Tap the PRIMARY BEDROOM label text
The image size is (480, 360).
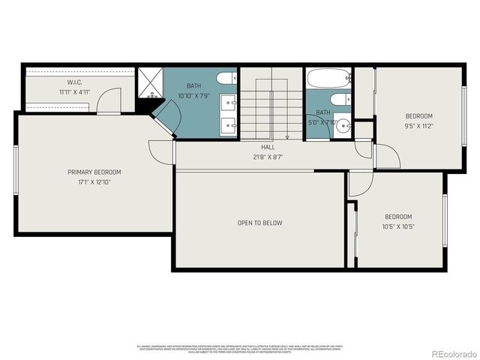click(94, 172)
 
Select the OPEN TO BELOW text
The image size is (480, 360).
click(259, 223)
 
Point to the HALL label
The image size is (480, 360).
click(268, 148)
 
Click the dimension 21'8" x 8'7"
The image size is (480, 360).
click(268, 157)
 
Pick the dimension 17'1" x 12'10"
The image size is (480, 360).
click(94, 181)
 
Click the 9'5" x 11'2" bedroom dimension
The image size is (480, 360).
click(418, 126)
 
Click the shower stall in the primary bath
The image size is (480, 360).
click(150, 84)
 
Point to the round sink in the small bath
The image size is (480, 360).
click(343, 125)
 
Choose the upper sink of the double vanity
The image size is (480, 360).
click(228, 102)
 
